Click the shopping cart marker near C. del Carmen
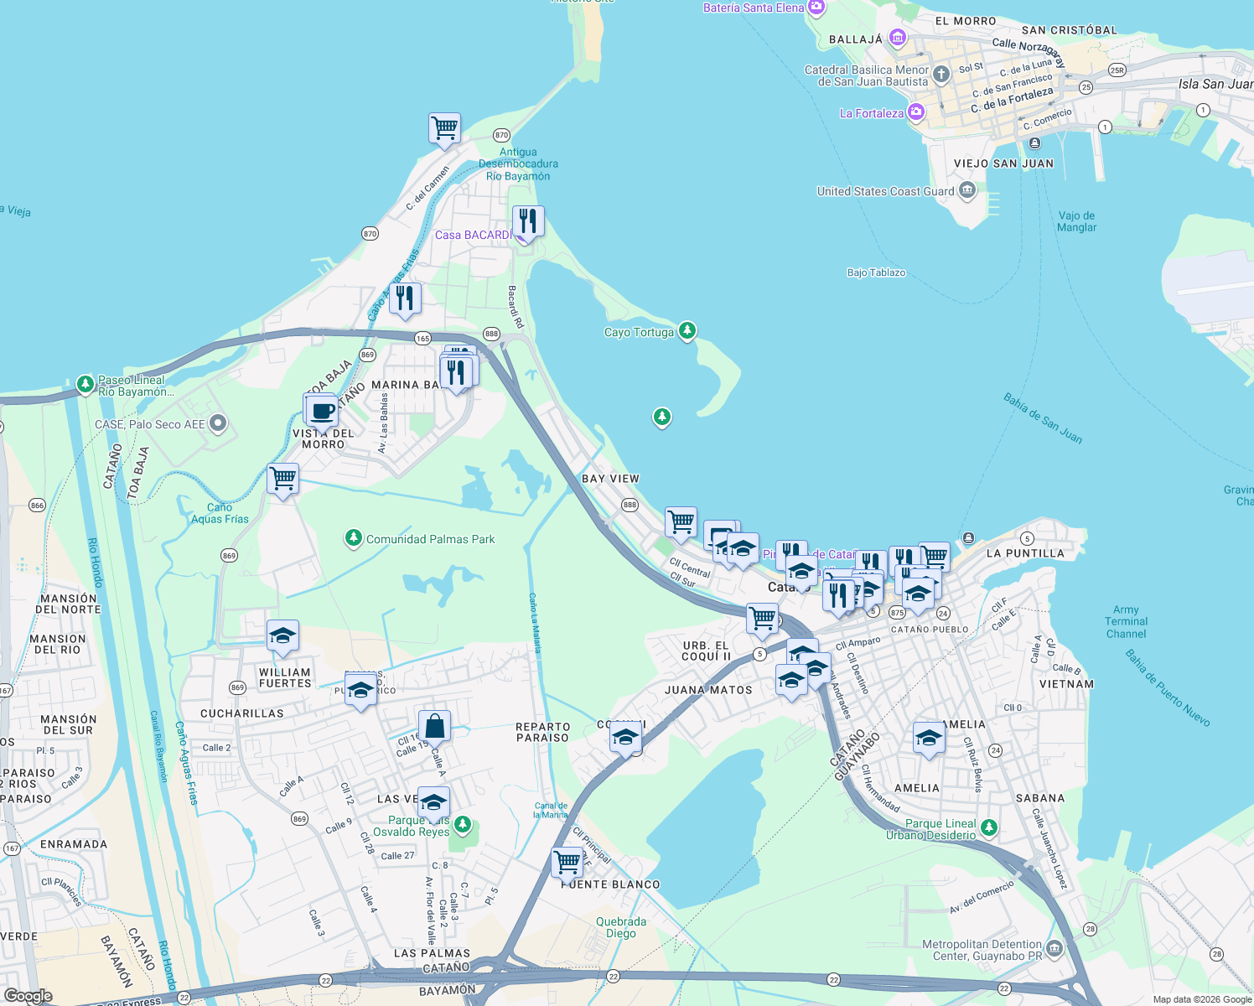pos(444,129)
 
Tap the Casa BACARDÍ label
pos(472,236)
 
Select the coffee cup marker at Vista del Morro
pos(321,412)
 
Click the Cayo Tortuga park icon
pos(687,331)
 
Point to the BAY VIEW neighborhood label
pos(610,479)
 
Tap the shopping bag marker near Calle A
pos(434,726)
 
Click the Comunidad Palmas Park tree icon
pos(354,538)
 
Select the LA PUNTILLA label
pos(1025,553)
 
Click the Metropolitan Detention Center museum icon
pos(1054,949)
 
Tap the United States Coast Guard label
pos(885,191)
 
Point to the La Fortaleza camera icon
pos(916,112)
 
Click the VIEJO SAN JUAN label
pos(1003,163)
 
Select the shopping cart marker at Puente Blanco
pos(567,861)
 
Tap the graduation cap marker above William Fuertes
pos(282,636)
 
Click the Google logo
pos(28,995)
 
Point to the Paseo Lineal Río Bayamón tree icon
pos(85,385)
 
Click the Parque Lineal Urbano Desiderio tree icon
pos(989,828)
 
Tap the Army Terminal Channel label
pos(1126,622)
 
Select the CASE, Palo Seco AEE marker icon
pos(218,423)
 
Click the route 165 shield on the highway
pos(422,339)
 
